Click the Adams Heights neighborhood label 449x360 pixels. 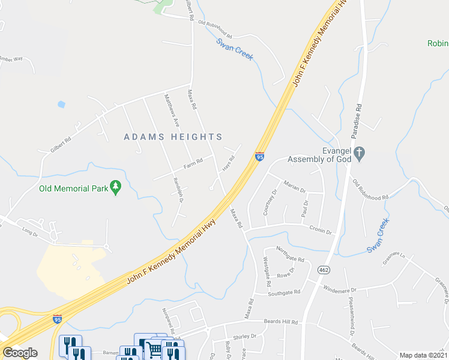click(173, 137)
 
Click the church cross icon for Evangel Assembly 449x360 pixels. click(359, 152)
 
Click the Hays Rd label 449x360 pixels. click(228, 163)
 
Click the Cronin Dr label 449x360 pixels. click(321, 230)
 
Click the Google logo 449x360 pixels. click(20, 352)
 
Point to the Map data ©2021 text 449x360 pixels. click(423, 355)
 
